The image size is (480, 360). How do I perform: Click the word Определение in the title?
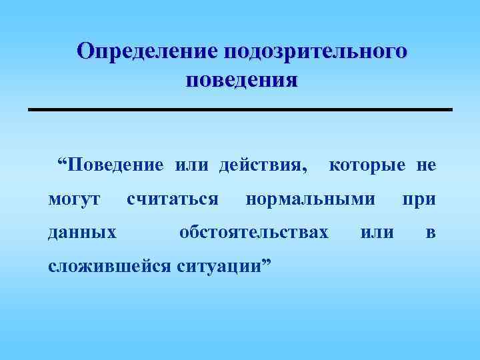click(148, 51)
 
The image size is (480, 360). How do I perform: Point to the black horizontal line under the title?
click(240, 109)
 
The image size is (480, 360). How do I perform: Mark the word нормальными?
click(310, 199)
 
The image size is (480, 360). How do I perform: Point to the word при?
click(418, 199)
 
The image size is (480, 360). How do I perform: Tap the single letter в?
click(431, 233)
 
